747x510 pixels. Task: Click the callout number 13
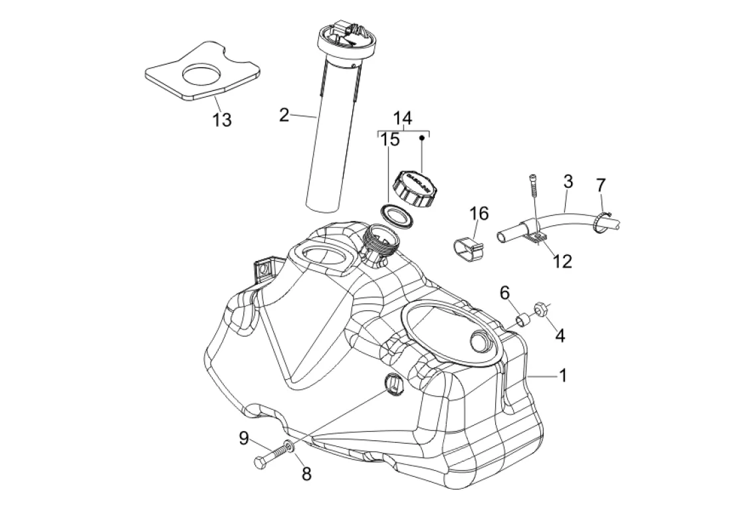pos(222,120)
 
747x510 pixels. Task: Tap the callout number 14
pos(402,119)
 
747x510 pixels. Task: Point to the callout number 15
pos(390,140)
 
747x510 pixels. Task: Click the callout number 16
pos(479,213)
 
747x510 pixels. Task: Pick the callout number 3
pos(568,181)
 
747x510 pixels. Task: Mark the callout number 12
pos(562,261)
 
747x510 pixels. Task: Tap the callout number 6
pos(523,292)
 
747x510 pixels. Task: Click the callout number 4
pos(560,336)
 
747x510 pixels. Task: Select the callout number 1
pos(562,376)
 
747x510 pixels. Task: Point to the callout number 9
pos(244,438)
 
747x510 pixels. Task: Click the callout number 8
pos(306,473)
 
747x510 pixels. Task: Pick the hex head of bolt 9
pos(259,462)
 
